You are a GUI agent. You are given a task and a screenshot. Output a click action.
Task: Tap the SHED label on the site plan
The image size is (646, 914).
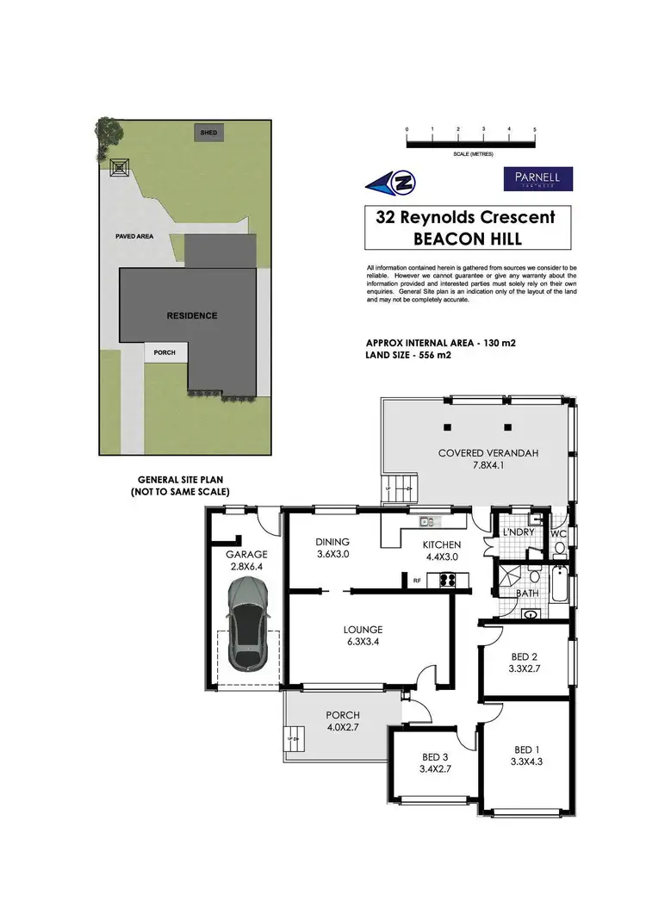(x=209, y=134)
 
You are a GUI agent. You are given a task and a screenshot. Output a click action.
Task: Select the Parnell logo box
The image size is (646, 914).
(x=537, y=179)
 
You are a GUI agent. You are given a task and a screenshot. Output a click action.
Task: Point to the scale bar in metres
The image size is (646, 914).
(x=471, y=141)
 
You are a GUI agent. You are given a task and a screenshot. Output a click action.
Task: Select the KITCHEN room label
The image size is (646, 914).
(x=441, y=544)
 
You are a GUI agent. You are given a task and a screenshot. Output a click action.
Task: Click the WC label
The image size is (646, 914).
(x=559, y=533)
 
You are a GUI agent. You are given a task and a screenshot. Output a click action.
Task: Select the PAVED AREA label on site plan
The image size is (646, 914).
(x=135, y=235)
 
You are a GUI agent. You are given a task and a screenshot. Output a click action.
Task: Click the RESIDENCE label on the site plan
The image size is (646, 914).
(x=191, y=315)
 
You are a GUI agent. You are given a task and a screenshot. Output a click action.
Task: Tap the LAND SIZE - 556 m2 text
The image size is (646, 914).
(x=408, y=355)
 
